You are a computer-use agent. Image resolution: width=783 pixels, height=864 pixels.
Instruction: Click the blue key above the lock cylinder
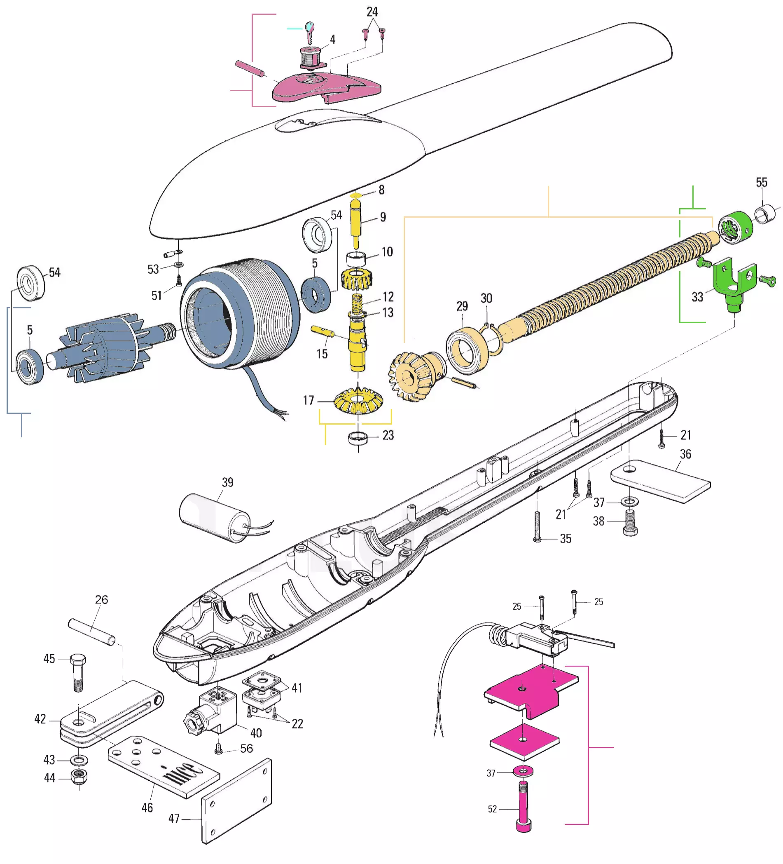pyautogui.click(x=309, y=29)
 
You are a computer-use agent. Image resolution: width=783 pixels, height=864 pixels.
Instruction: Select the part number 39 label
pyautogui.click(x=227, y=482)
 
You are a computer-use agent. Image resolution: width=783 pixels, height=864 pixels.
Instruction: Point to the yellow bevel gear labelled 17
pyautogui.click(x=358, y=400)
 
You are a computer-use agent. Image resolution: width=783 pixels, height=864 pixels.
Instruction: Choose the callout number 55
pyautogui.click(x=761, y=183)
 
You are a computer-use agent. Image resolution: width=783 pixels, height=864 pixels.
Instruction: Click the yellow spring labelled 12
pyautogui.click(x=357, y=303)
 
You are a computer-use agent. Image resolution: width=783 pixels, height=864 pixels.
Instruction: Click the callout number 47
pyautogui.click(x=174, y=819)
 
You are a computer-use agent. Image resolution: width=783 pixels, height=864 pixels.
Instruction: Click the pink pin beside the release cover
pyautogui.click(x=250, y=68)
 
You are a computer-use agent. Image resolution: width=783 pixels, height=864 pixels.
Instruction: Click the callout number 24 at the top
pyautogui.click(x=372, y=12)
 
